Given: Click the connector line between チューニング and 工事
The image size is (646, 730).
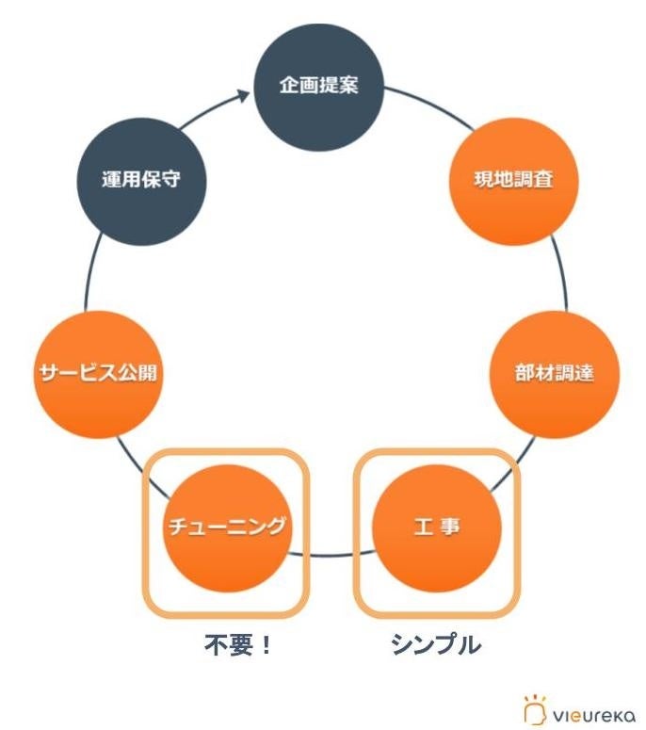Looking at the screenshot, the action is click(x=331, y=556).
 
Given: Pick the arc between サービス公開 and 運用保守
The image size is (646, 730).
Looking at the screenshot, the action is click(x=87, y=273).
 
